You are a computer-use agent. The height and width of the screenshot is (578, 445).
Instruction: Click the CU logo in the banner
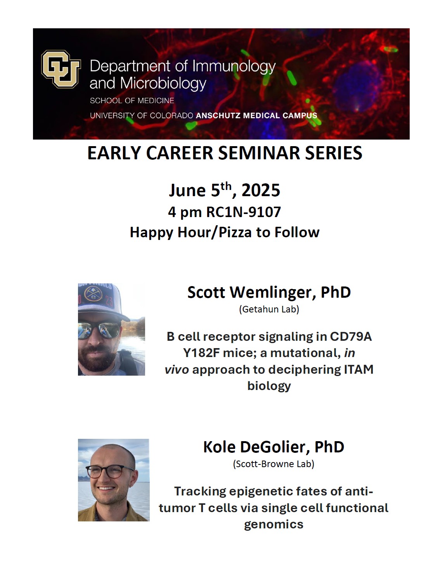coord(61,69)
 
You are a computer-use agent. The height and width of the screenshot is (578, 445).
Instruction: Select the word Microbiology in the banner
coord(163,83)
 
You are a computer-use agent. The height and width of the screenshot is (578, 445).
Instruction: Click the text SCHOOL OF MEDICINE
coord(132,101)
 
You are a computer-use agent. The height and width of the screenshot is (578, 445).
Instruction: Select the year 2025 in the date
coord(260,190)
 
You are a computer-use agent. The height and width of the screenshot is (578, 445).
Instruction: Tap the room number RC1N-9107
coord(243,212)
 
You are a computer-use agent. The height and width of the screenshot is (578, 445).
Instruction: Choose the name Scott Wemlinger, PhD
coord(269,292)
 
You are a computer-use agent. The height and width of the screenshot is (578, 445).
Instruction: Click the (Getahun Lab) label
coord(269,309)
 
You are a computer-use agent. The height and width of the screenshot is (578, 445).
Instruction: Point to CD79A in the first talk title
coord(351,336)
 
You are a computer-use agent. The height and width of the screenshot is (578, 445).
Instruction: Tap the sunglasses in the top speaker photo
coord(99,330)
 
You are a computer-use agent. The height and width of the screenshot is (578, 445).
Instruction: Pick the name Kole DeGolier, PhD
coord(274,447)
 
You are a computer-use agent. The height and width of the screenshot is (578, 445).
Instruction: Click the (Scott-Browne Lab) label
coord(274,464)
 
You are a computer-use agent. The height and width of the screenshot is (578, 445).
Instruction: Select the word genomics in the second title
coord(274,525)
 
